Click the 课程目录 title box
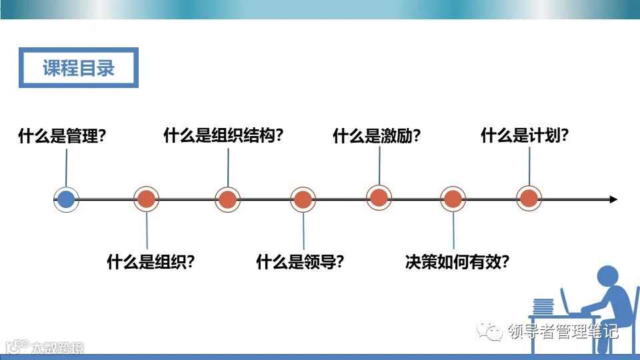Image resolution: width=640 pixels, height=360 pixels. (x=79, y=67)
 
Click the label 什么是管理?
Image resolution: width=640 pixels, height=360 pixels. (x=62, y=137)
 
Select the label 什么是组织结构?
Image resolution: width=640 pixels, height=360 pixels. (x=223, y=135)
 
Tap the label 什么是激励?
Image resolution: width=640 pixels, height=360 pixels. (x=377, y=137)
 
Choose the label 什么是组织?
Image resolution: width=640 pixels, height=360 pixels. (x=151, y=261)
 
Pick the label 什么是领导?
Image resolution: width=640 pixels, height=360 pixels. (x=300, y=261)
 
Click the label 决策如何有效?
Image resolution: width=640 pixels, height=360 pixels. (x=457, y=261)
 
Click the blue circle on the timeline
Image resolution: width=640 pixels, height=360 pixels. (x=66, y=199)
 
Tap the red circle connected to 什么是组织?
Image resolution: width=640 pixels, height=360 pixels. (x=147, y=199)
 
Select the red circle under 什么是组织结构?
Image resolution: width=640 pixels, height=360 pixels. (x=227, y=199)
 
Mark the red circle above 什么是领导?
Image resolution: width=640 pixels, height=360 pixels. (x=303, y=199)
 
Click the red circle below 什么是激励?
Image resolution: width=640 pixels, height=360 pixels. (x=379, y=197)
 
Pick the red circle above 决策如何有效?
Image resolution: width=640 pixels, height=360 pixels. (x=453, y=199)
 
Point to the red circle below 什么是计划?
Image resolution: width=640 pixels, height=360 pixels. (x=529, y=198)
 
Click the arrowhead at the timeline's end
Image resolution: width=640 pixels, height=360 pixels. (x=613, y=199)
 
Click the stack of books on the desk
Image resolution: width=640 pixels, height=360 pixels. (x=544, y=306)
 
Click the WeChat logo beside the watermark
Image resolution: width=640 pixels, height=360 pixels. (x=494, y=331)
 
